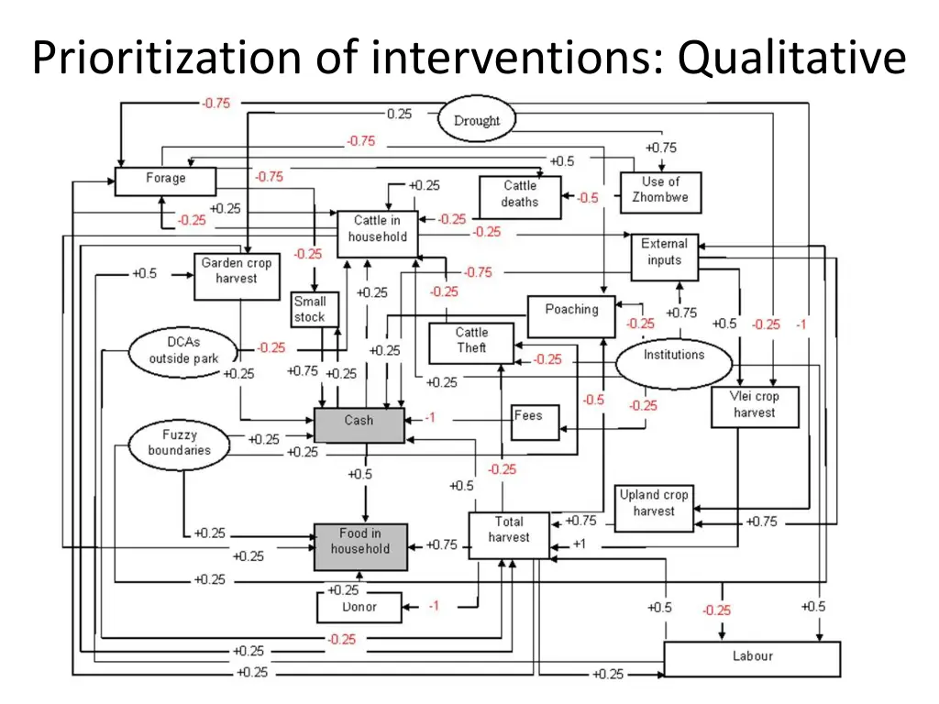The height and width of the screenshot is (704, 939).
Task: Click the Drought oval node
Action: click(x=477, y=120)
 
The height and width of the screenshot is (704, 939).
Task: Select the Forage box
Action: click(x=165, y=181)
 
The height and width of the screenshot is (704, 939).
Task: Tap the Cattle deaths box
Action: click(x=520, y=196)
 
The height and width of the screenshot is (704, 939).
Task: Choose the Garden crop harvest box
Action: click(x=237, y=274)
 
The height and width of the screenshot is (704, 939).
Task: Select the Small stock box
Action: click(x=310, y=309)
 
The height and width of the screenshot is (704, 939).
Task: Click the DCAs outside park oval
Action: click(x=183, y=352)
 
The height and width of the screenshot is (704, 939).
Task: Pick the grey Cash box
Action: click(x=359, y=424)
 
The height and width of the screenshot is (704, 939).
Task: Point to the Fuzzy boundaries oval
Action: click(x=180, y=443)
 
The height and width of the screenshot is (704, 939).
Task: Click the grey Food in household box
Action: click(x=359, y=544)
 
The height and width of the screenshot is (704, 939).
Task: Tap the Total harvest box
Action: click(x=509, y=535)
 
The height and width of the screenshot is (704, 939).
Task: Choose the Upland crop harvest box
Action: click(x=653, y=506)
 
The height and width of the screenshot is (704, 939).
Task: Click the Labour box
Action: click(x=752, y=658)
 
